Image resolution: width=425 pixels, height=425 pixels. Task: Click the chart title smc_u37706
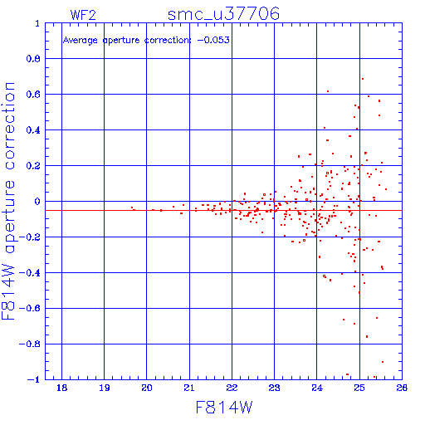(223, 14)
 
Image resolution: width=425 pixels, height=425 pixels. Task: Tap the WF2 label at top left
(83, 15)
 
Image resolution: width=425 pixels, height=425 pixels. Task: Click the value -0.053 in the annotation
(213, 40)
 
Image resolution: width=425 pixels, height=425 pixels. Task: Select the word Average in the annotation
(81, 41)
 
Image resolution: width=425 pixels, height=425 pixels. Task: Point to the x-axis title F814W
(224, 408)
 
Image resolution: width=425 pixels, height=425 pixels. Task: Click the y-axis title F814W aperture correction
(8, 201)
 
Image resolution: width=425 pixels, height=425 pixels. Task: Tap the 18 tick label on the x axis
(61, 388)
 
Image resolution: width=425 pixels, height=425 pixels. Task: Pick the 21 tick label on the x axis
(189, 388)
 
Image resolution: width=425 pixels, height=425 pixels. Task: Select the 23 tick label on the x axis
(274, 388)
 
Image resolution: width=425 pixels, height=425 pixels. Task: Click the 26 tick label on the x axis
(402, 388)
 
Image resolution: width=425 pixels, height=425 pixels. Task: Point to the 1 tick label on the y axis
(37, 23)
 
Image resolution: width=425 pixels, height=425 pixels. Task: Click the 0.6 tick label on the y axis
(33, 95)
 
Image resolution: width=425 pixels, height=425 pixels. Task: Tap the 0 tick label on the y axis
(37, 202)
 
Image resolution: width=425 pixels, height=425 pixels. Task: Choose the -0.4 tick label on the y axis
(30, 273)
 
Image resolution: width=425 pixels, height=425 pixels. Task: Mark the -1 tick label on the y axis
(34, 379)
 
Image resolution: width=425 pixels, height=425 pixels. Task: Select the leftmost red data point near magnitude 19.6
(132, 208)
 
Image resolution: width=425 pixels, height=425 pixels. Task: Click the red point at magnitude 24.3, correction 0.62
(328, 91)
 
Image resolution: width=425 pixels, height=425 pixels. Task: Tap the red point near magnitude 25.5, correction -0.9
(383, 362)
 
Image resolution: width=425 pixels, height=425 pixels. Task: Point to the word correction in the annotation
(168, 41)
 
